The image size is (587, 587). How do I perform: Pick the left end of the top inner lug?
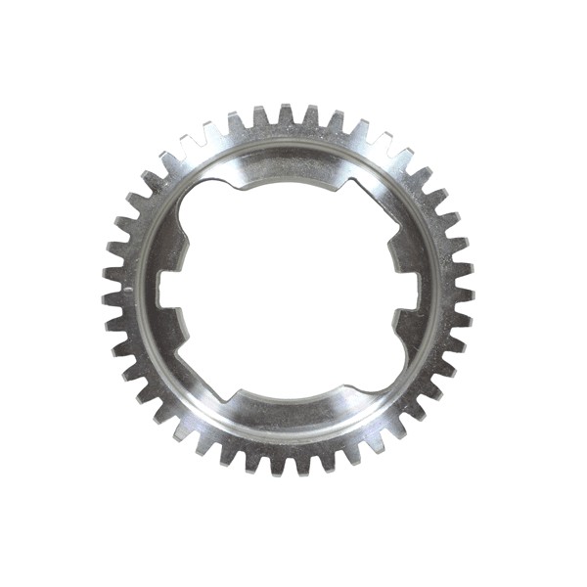(235, 177)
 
